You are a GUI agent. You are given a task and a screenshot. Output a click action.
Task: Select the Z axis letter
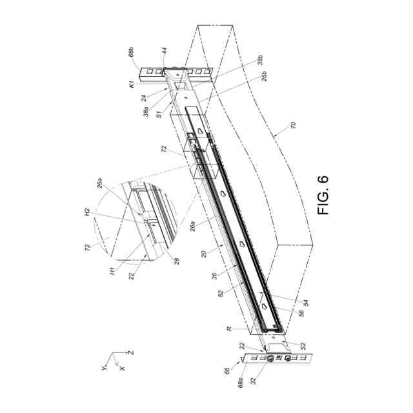click(131, 353)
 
